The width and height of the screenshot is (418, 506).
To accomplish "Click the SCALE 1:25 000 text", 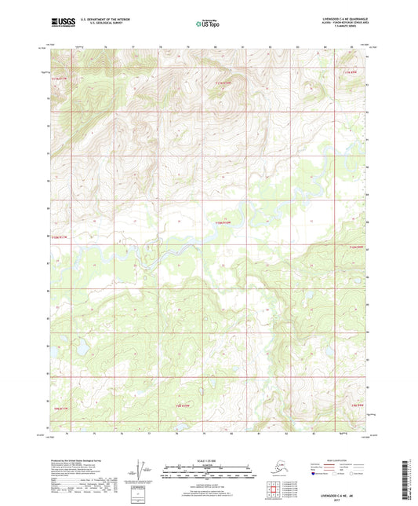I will (x=208, y=460).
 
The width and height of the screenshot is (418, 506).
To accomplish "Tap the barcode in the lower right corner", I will (x=408, y=478).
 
